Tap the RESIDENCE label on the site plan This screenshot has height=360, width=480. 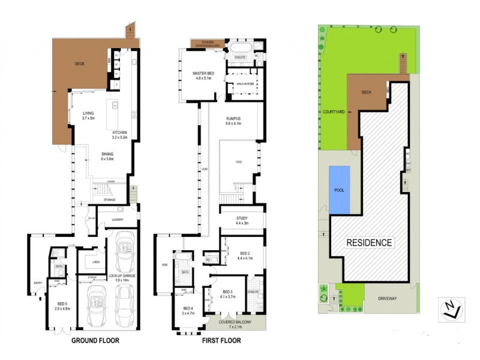(x=369, y=243)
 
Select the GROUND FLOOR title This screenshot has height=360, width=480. (x=95, y=340)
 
